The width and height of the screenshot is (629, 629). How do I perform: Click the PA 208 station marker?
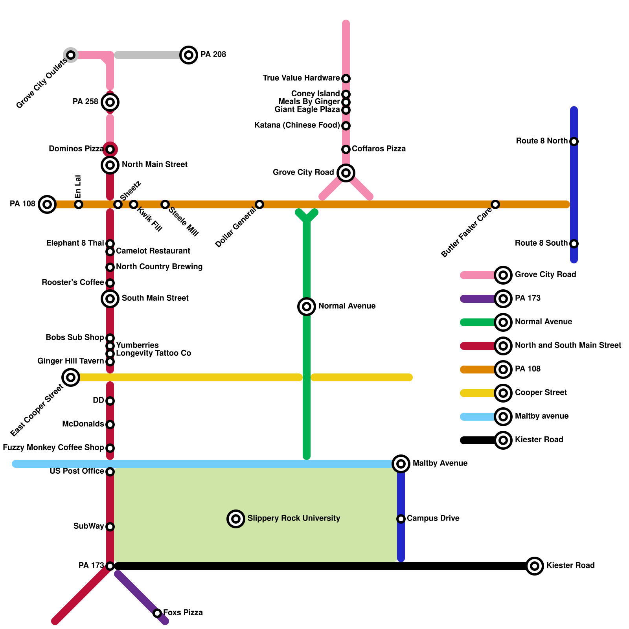pyautogui.click(x=189, y=55)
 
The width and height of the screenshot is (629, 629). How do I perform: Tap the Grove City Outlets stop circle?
pyautogui.click(x=71, y=55)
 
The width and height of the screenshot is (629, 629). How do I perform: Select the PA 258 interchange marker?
pyautogui.click(x=110, y=102)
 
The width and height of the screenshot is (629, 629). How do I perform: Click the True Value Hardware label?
pyautogui.click(x=301, y=78)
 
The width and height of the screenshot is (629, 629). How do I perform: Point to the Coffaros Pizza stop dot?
pyautogui.click(x=346, y=149)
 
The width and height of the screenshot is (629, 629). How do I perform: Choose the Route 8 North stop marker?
pyautogui.click(x=574, y=142)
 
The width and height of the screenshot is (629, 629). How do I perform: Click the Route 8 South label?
pyautogui.click(x=541, y=243)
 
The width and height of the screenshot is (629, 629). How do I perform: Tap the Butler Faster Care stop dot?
pyautogui.click(x=495, y=204)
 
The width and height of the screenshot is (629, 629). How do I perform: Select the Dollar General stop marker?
pyautogui.click(x=259, y=204)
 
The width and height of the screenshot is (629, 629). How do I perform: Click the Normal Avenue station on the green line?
pyautogui.click(x=307, y=307)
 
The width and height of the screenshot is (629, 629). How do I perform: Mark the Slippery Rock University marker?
pyautogui.click(x=236, y=519)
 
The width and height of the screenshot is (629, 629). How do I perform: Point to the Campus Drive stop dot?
pyautogui.click(x=401, y=519)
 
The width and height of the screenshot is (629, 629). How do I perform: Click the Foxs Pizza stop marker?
pyautogui.click(x=157, y=613)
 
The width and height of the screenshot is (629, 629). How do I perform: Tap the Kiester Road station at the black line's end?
pyautogui.click(x=535, y=566)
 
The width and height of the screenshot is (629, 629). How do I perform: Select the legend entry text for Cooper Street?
pyautogui.click(x=541, y=393)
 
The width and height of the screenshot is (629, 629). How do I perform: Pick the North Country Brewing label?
pyautogui.click(x=159, y=267)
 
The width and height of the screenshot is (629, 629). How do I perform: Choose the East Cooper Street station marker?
pyautogui.click(x=71, y=377)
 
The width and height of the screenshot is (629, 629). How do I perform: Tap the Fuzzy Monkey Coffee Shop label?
pyautogui.click(x=53, y=448)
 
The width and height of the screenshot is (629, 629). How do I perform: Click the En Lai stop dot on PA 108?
pyautogui.click(x=79, y=204)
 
